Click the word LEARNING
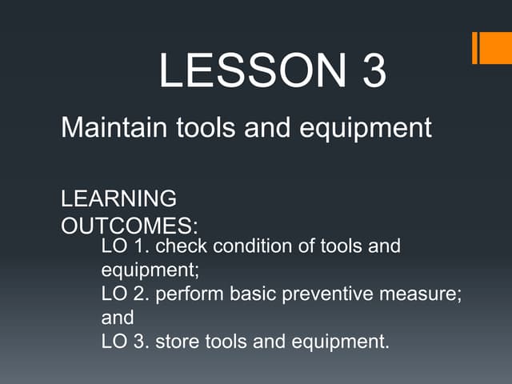119,198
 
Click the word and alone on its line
118,318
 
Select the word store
176,342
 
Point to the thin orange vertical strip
474,47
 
